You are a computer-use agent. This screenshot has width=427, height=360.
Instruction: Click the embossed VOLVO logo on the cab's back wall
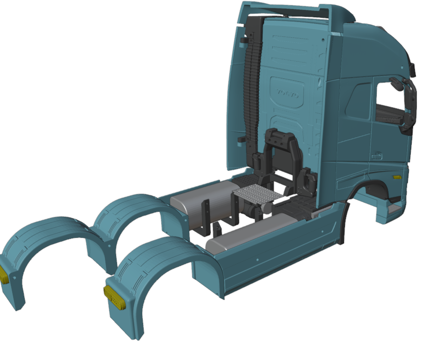click(x=287, y=94)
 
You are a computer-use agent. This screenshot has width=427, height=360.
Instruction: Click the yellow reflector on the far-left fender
click(x=4, y=275)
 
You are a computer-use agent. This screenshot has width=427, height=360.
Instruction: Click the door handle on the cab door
click(x=377, y=156)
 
